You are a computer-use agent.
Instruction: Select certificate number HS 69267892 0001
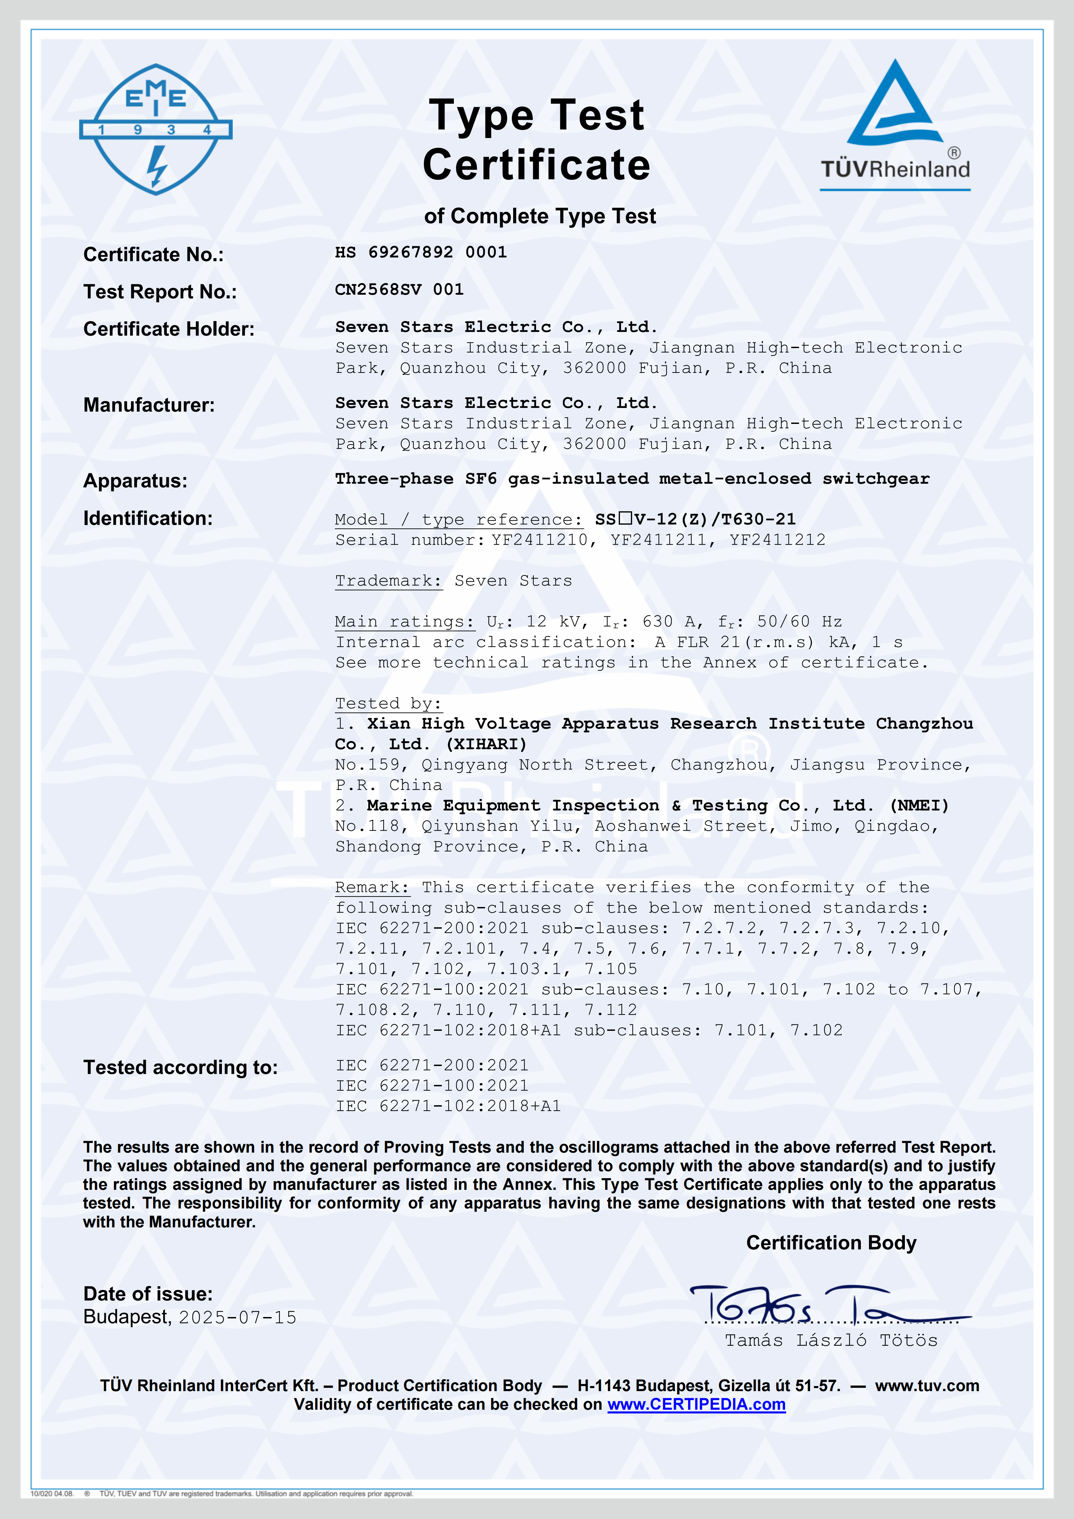[420, 252]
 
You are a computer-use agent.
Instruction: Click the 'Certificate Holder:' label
[169, 329]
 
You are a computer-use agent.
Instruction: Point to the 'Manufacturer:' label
[149, 405]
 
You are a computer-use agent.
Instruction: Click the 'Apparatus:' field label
[135, 481]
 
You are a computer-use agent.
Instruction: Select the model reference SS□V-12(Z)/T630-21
[695, 519]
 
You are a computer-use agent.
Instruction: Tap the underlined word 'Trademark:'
[388, 581]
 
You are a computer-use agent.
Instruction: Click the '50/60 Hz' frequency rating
[799, 622]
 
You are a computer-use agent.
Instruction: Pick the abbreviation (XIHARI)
[486, 744]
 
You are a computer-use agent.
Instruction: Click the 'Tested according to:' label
[180, 1067]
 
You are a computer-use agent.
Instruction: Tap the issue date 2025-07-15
[237, 1317]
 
